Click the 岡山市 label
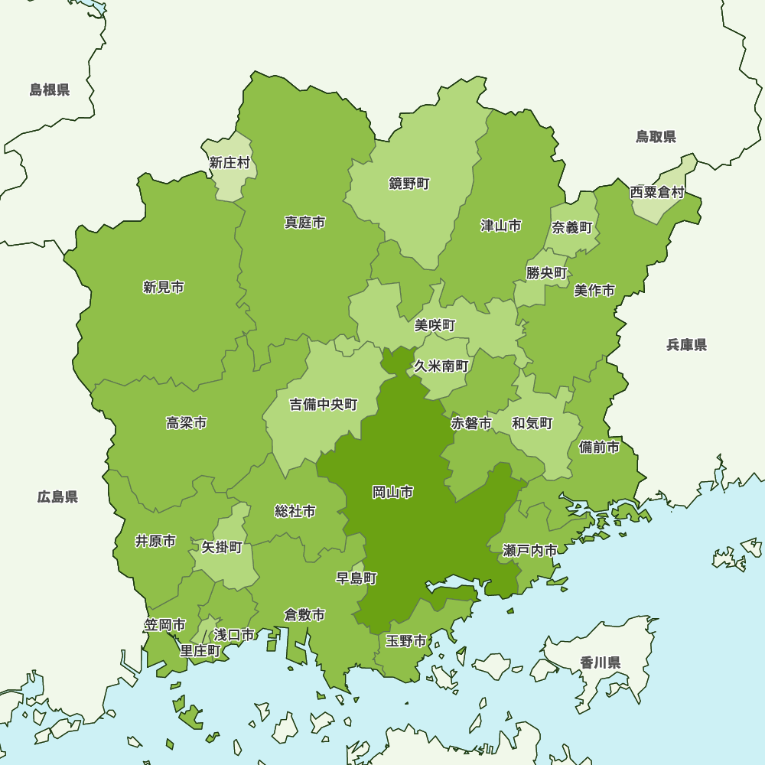pos(393,492)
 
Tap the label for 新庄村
pos(229,162)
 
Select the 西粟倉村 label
pos(657,192)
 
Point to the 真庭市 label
pos(304,223)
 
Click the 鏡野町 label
pos(409,184)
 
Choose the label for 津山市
pos(501,225)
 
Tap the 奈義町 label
pos(572,227)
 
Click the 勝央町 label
pos(546,272)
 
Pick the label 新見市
pos(163,287)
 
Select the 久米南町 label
pos(441,366)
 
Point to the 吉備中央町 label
pos(323,405)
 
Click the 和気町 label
pos(532,423)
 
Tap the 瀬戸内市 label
pos(530,550)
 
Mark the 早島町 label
pos(356,578)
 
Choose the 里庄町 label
pos(200,650)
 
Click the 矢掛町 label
pos(222,547)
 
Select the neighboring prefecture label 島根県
pos(50,90)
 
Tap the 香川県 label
pos(600,662)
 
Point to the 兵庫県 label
pos(686,345)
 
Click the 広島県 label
pos(57,497)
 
